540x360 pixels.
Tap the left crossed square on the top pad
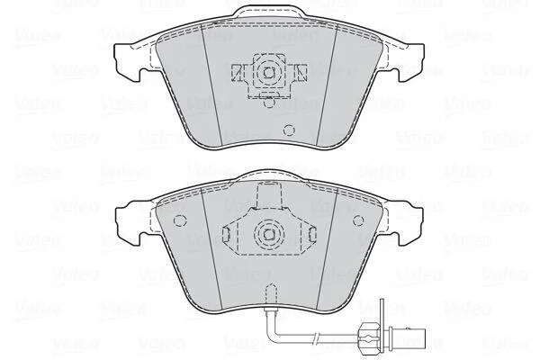(237, 73)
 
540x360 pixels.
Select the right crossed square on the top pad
(301, 73)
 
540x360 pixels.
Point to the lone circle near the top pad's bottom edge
(289, 130)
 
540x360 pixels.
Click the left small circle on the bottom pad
(179, 220)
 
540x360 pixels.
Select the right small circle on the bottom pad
(359, 220)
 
